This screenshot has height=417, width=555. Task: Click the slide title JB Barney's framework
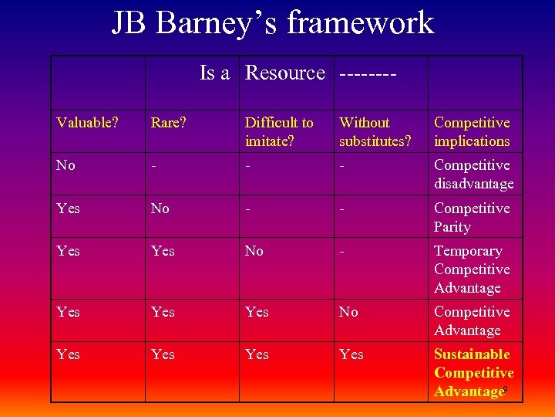point(273,23)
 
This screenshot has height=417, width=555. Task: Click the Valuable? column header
point(88,123)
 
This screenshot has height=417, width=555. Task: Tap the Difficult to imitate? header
point(279,132)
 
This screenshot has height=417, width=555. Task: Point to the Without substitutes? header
point(375,132)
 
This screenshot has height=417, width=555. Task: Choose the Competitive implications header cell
point(472,132)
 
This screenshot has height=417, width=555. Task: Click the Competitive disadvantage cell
point(473,175)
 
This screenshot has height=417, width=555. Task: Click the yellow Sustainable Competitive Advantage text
point(473,373)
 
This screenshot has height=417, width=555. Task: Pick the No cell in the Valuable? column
point(66,165)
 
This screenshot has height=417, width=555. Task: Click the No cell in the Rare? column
point(160,208)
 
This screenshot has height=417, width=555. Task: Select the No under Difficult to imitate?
point(254,251)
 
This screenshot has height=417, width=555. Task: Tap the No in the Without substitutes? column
point(348,312)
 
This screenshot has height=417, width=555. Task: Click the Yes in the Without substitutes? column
point(351,354)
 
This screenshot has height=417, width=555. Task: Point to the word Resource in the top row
point(285,73)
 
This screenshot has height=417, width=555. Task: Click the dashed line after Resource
point(368,74)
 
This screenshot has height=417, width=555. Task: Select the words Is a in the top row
point(215,73)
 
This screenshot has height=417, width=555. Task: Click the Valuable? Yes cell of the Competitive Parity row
point(69,208)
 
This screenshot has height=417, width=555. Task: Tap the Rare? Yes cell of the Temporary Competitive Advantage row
point(163,251)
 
